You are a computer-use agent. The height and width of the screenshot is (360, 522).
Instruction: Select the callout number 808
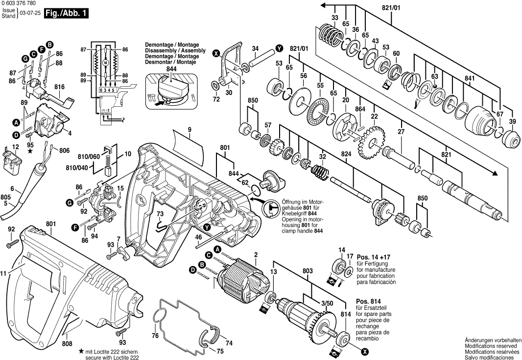click(68, 344)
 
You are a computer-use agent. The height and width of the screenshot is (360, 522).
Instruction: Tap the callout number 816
click(59, 86)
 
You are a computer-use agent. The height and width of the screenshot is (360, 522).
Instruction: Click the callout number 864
click(360, 109)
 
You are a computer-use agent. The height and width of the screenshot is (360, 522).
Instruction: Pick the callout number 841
click(470, 78)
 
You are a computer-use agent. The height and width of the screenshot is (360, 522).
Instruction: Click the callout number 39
click(512, 121)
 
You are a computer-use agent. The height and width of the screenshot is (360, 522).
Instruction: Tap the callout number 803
click(308, 270)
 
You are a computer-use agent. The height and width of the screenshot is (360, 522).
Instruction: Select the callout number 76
click(155, 336)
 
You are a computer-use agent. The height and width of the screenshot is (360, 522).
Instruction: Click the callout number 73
click(160, 214)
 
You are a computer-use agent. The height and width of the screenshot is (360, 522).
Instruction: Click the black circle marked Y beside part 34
click(279, 48)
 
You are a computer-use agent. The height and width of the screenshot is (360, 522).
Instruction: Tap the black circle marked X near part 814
click(364, 351)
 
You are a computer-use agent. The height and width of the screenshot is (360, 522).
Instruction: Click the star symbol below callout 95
click(30, 152)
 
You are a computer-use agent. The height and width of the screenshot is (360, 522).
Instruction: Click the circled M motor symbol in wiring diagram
click(105, 63)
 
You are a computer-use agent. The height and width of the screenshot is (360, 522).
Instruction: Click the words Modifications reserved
click(492, 346)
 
